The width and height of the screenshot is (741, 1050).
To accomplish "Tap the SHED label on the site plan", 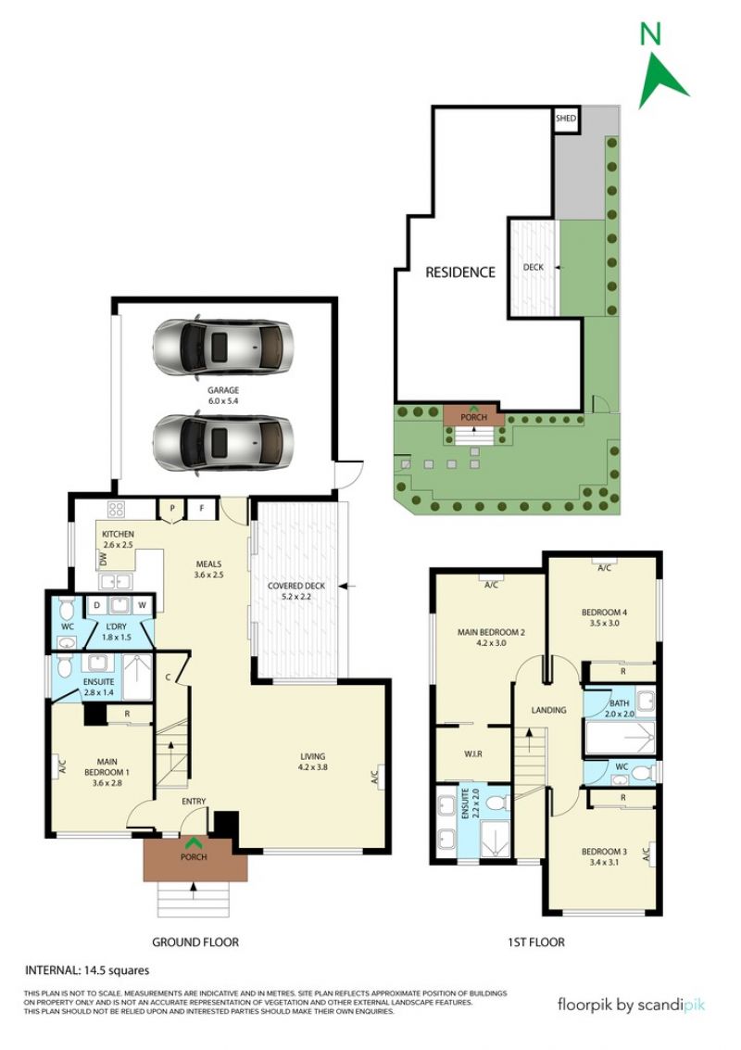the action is click(x=566, y=119).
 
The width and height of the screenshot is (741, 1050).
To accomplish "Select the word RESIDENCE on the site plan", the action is click(x=460, y=272).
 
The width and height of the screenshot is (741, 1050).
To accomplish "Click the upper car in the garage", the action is click(x=223, y=348).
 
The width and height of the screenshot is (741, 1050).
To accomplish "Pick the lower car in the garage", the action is click(x=223, y=444).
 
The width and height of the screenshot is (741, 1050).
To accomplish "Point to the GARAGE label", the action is click(x=223, y=390).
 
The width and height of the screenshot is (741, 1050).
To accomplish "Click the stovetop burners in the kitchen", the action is click(x=116, y=510).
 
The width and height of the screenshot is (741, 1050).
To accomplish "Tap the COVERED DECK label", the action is click(x=296, y=586).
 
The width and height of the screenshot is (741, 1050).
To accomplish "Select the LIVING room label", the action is click(x=312, y=757).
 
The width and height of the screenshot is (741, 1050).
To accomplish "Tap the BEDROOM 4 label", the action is click(x=605, y=612).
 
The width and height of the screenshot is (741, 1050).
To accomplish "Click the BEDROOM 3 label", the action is click(x=605, y=852).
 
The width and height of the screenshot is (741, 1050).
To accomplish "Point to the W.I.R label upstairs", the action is click(x=472, y=754).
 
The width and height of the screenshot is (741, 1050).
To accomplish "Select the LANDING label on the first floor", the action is click(x=549, y=710).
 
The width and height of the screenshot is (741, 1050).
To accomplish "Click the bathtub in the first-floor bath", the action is click(x=620, y=738).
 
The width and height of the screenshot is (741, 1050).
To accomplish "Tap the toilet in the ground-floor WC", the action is click(x=67, y=610).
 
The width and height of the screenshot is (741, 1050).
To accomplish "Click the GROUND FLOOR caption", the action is click(x=195, y=942).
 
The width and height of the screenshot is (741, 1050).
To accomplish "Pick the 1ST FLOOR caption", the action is click(x=536, y=942).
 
